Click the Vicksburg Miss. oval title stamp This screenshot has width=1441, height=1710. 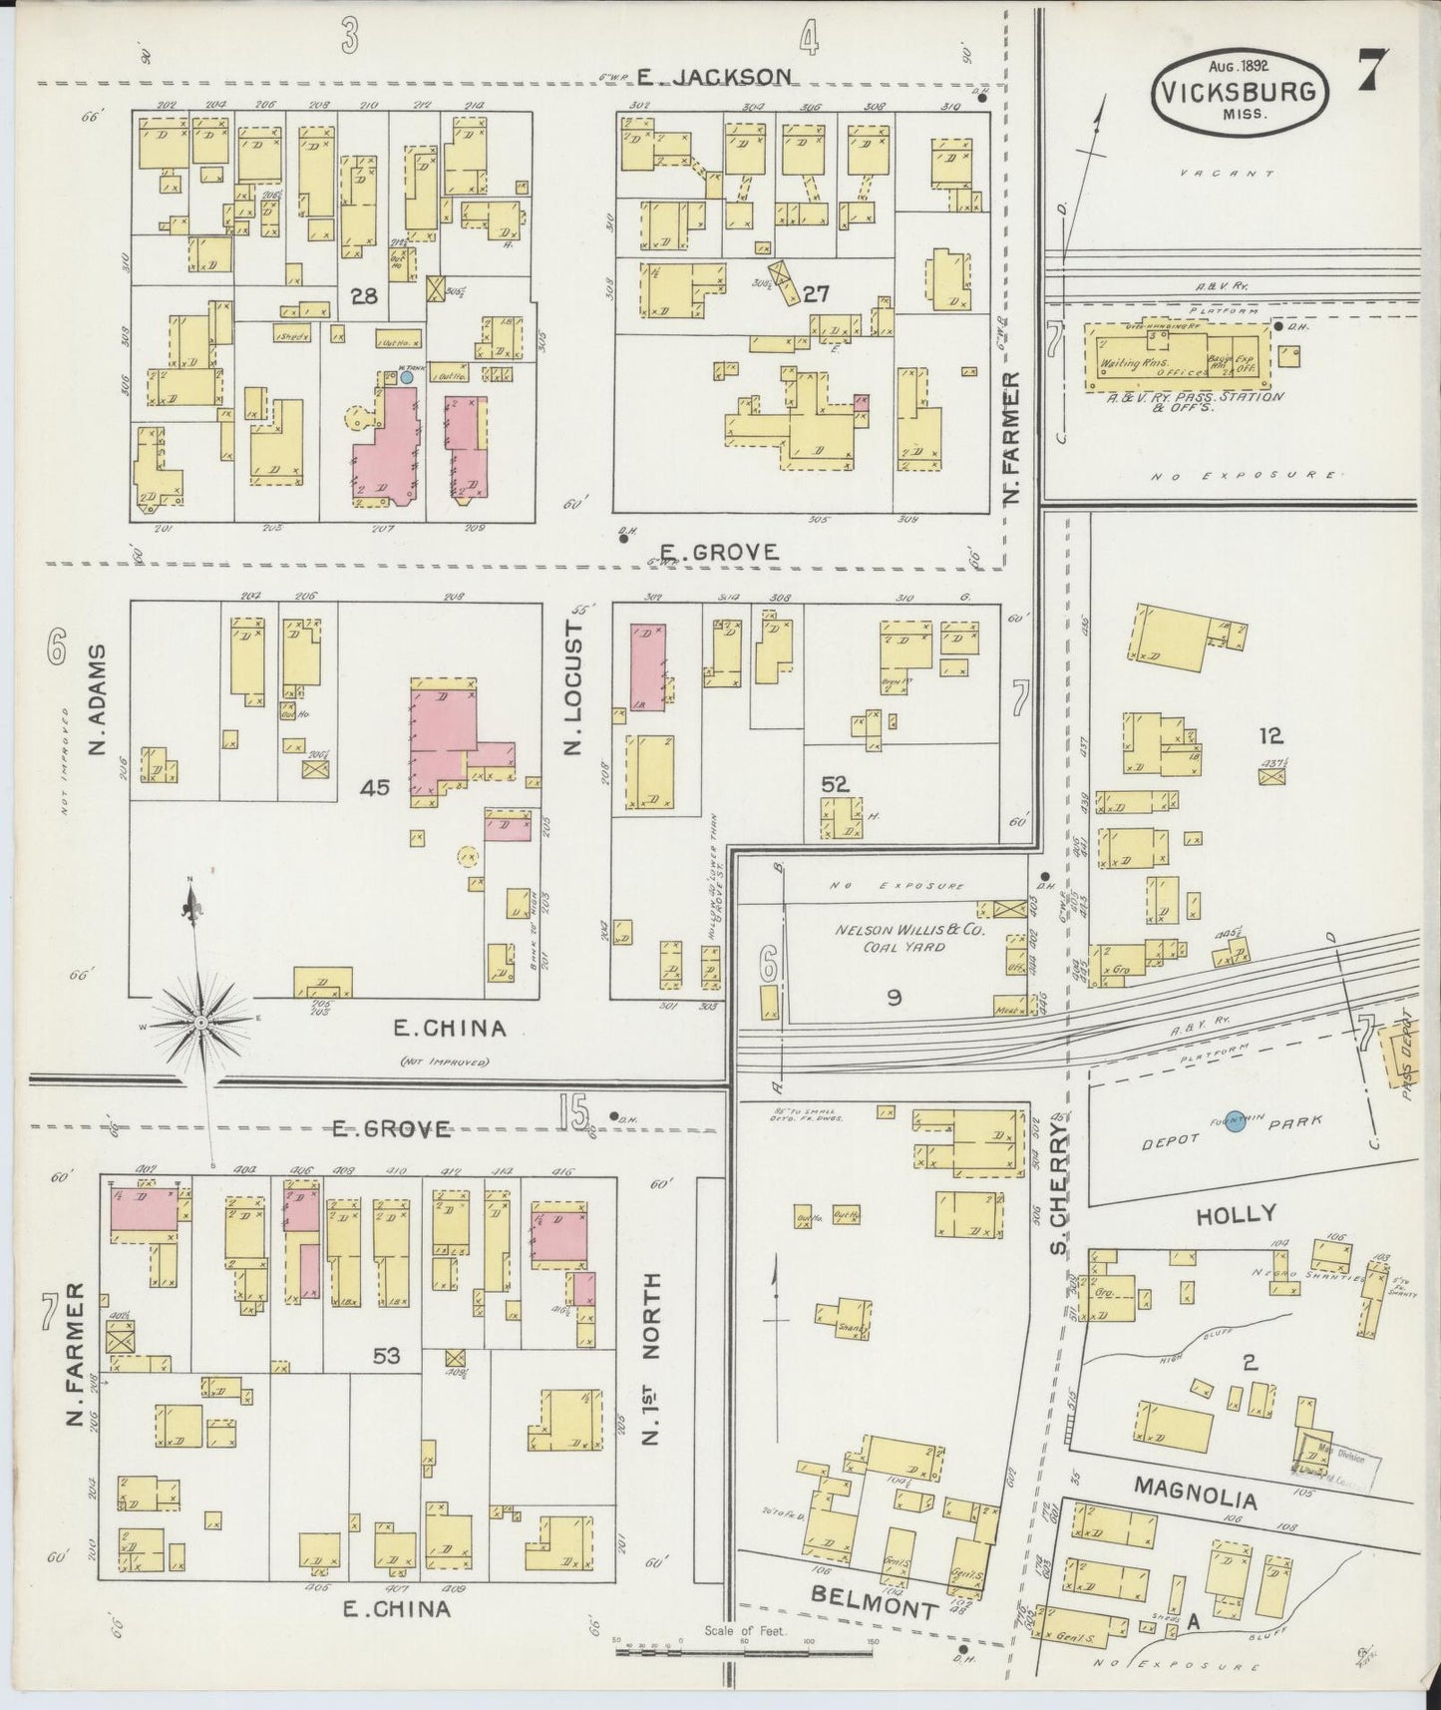[1242, 91]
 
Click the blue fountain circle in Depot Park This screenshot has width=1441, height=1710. [1235, 1121]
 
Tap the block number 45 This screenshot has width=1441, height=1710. [375, 787]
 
